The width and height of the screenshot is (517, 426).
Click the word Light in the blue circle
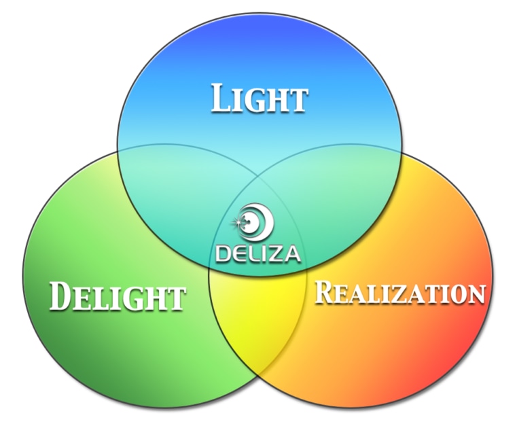(260, 98)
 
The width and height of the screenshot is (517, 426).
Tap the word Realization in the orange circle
(400, 292)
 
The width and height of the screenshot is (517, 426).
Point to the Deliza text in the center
(258, 254)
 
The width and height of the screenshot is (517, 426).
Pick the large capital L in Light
(221, 98)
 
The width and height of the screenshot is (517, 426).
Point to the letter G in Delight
(135, 298)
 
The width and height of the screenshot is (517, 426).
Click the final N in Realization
(476, 294)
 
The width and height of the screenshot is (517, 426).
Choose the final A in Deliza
(291, 254)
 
